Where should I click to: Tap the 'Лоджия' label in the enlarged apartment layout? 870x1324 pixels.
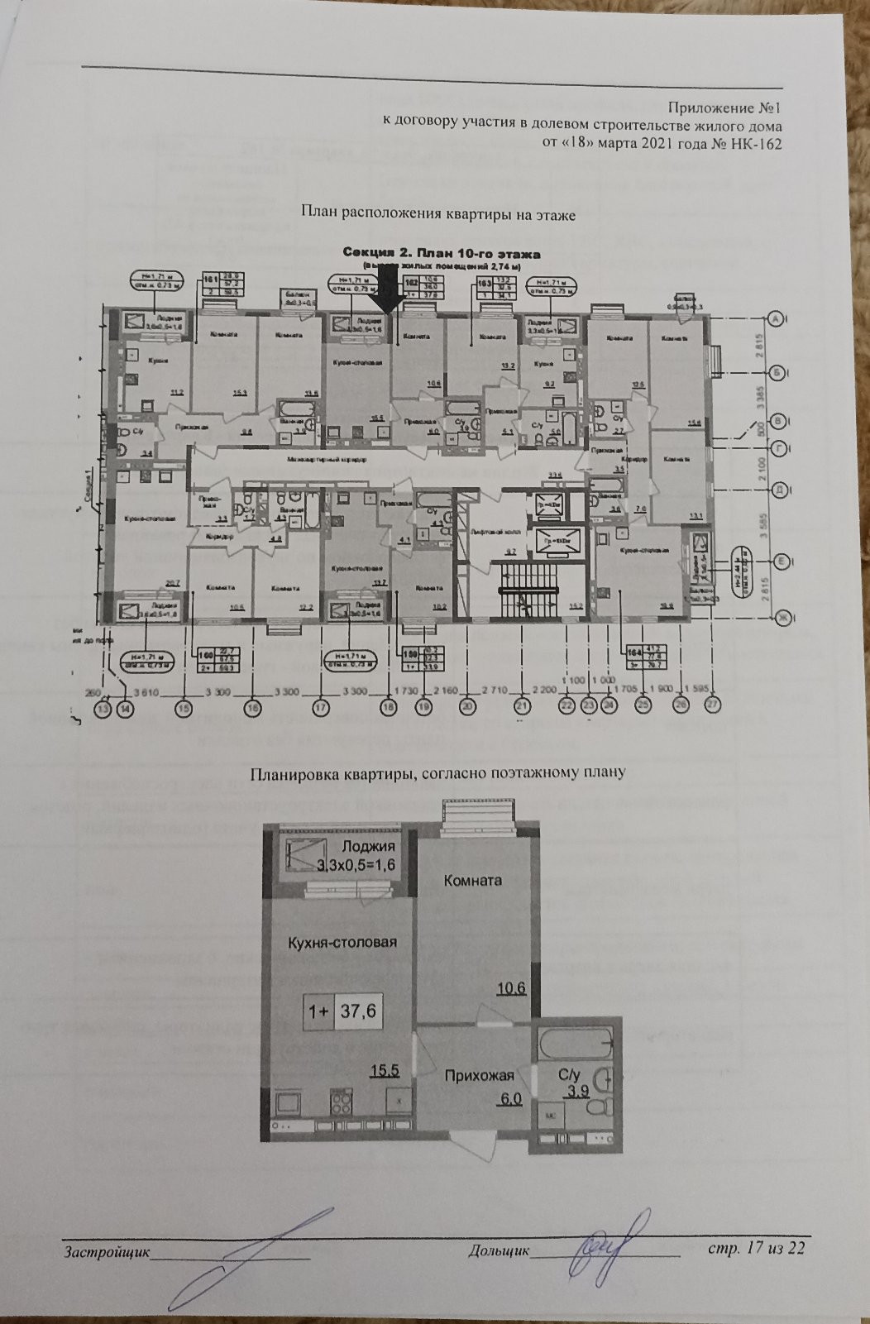[368, 846]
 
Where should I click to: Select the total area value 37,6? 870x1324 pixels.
[358, 1011]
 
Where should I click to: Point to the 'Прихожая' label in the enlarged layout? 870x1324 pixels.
[479, 1075]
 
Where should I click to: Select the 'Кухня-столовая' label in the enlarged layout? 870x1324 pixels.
[342, 942]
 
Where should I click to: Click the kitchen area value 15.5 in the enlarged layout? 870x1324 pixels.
[385, 1070]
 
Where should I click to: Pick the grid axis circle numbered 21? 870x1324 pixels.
[522, 706]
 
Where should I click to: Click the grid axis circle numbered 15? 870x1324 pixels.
[184, 707]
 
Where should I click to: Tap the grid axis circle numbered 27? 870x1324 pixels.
[713, 705]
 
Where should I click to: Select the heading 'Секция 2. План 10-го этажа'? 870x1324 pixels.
[442, 253]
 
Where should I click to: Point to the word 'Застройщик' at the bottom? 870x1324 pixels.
[107, 1251]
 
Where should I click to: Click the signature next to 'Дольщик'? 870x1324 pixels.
[613, 1239]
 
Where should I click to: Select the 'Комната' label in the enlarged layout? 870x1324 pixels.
[473, 880]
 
